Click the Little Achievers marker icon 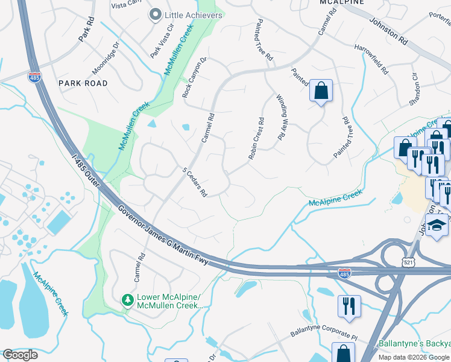[156, 15]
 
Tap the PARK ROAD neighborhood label [83, 83]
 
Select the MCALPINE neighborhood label [341, 2]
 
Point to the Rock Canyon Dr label [194, 78]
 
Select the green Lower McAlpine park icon [127, 300]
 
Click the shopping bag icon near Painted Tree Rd [321, 91]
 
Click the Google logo [20, 355]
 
